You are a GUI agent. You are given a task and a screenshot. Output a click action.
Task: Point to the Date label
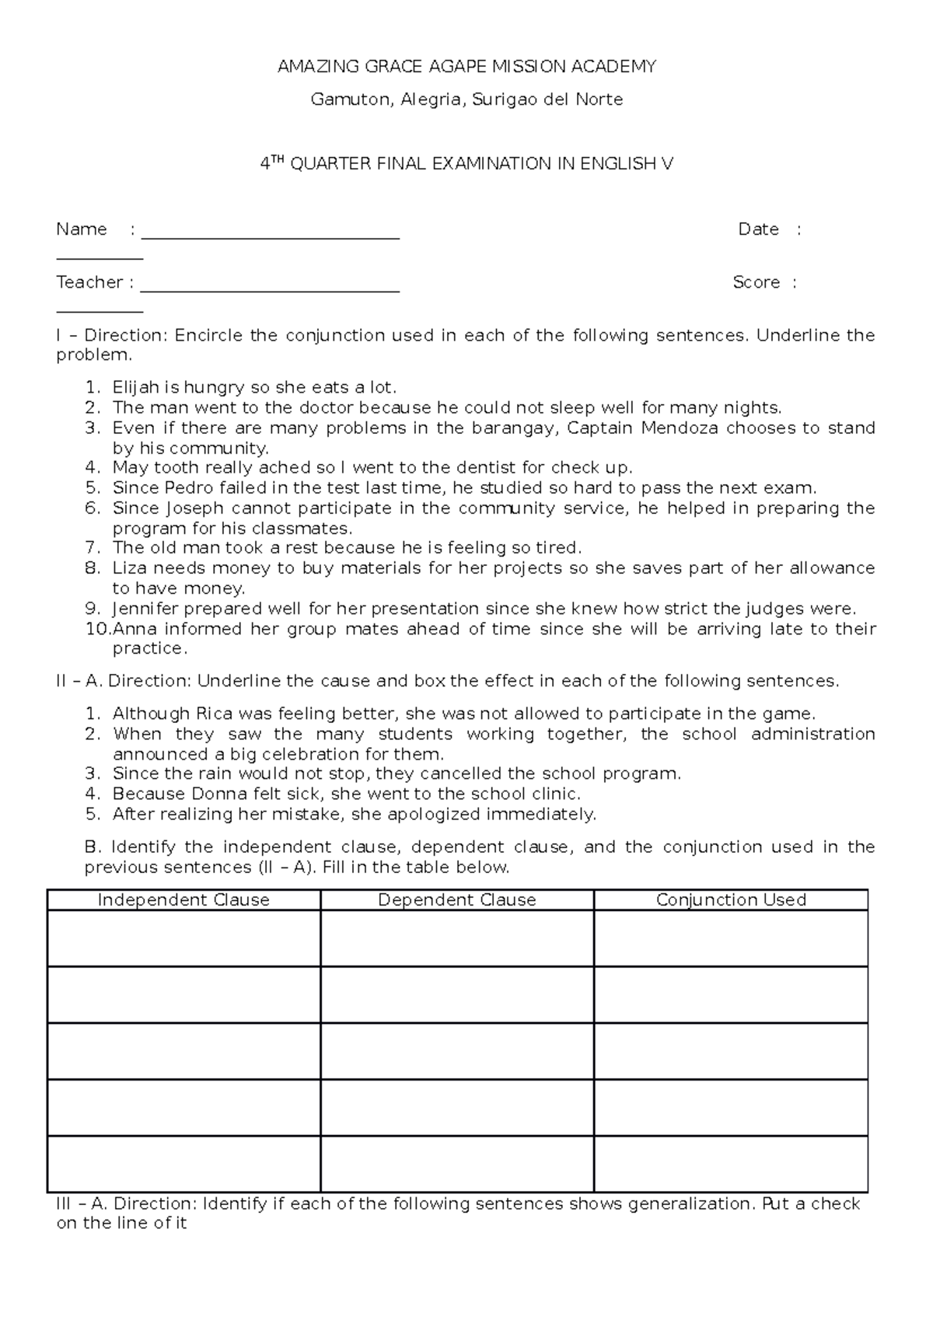click(758, 229)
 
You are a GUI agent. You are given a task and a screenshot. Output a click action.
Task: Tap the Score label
click(756, 282)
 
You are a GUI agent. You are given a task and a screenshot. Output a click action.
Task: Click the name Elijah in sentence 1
click(135, 387)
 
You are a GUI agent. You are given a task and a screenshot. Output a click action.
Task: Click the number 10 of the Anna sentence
click(97, 629)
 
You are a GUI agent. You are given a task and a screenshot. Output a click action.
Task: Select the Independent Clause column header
click(183, 900)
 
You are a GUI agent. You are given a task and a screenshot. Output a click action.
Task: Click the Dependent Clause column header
click(457, 900)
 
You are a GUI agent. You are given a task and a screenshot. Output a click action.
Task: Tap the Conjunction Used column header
click(731, 900)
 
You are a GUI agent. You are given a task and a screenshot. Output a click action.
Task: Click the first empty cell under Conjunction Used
click(731, 938)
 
